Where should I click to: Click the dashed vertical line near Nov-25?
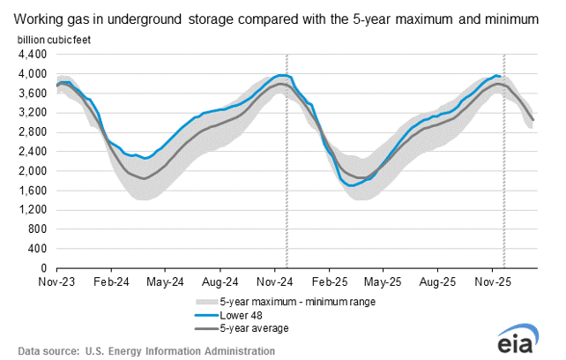(503, 176)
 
